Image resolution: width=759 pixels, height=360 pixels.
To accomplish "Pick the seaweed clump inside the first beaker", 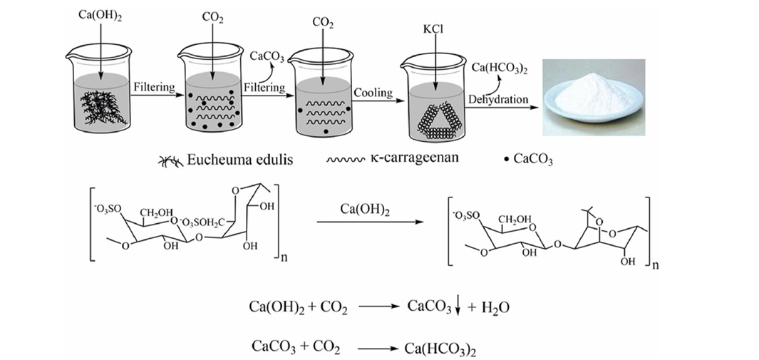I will point(100,107).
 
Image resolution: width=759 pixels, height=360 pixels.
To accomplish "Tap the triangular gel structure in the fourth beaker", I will point(434,113).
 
